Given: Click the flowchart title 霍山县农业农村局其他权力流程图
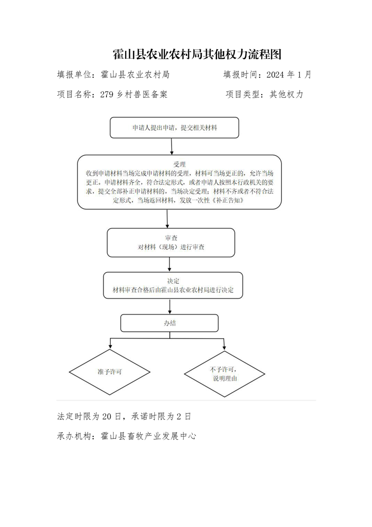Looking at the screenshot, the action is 197,54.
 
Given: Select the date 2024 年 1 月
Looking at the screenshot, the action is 289,75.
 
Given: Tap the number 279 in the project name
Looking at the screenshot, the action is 107,94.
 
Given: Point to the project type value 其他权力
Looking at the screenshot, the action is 286,94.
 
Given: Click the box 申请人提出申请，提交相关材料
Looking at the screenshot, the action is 175,128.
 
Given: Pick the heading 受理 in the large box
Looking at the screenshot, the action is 179,164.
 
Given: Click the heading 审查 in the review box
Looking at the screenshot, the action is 171,238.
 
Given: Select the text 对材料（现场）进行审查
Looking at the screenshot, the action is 171,247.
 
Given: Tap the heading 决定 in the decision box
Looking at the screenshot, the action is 173,281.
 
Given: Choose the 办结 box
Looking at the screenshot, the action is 169,323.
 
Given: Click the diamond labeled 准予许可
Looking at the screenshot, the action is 109,372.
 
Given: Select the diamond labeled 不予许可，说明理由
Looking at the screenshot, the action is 225,374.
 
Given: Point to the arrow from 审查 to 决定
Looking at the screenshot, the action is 169,264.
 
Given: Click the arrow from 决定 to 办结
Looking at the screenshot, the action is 170,307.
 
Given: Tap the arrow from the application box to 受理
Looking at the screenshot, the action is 172,147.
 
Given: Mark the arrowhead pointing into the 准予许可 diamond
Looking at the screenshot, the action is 110,347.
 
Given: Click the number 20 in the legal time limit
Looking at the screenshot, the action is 106,417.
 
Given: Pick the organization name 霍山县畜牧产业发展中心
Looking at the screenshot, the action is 148,436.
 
